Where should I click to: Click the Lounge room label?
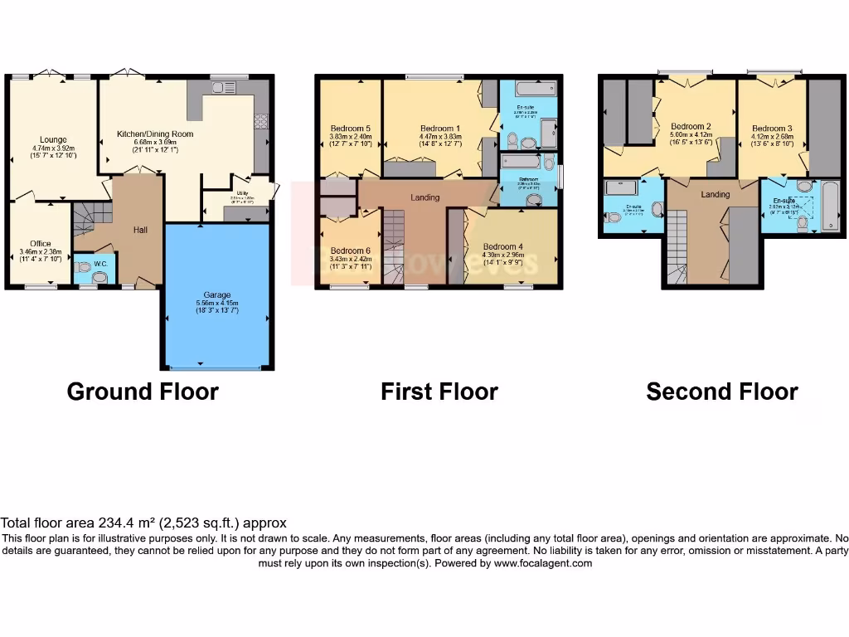click(x=53, y=139)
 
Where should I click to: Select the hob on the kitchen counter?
click(x=260, y=121)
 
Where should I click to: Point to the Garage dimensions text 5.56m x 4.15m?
click(x=217, y=304)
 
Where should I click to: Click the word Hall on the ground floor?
click(x=139, y=230)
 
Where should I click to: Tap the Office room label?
click(x=41, y=244)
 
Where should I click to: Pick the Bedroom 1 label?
click(x=436, y=129)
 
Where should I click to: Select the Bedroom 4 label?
click(x=502, y=246)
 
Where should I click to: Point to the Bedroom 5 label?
click(x=350, y=129)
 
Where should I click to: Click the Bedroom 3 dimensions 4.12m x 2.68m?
click(x=772, y=138)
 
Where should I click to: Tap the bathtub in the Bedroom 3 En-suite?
click(x=830, y=206)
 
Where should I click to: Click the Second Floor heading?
click(x=721, y=391)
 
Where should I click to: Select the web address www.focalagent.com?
click(x=543, y=563)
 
